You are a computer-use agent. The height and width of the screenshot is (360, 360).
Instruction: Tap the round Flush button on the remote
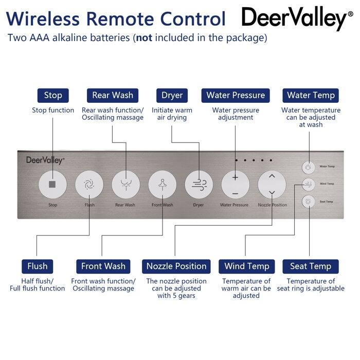(x=89, y=184)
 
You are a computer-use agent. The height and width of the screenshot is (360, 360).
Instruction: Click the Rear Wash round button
(x=125, y=184)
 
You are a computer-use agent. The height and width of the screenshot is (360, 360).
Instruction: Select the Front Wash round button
(x=162, y=184)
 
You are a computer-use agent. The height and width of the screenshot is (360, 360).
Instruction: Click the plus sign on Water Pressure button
(x=235, y=177)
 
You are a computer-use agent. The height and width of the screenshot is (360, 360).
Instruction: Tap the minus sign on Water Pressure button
(x=235, y=193)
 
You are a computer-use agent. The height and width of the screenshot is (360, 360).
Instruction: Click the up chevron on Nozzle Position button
(x=272, y=176)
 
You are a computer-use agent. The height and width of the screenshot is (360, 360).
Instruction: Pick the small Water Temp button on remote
(x=309, y=167)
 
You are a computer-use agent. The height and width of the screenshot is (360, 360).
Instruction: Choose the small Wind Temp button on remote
(x=309, y=184)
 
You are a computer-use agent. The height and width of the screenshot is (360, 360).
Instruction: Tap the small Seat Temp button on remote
(x=309, y=202)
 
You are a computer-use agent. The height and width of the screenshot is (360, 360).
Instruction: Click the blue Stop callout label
(x=53, y=95)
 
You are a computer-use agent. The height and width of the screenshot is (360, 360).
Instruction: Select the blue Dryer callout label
(x=172, y=95)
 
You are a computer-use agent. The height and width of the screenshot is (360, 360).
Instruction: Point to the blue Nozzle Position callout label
(x=176, y=266)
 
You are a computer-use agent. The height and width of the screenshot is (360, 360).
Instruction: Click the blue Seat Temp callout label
(x=311, y=266)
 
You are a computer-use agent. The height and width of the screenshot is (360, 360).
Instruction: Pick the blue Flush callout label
(x=38, y=266)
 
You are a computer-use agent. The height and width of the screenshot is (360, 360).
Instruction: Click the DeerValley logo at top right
(x=294, y=19)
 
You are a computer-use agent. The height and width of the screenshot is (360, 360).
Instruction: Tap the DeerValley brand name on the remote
(x=45, y=160)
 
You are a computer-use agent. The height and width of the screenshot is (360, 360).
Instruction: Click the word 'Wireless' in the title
(x=43, y=19)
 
